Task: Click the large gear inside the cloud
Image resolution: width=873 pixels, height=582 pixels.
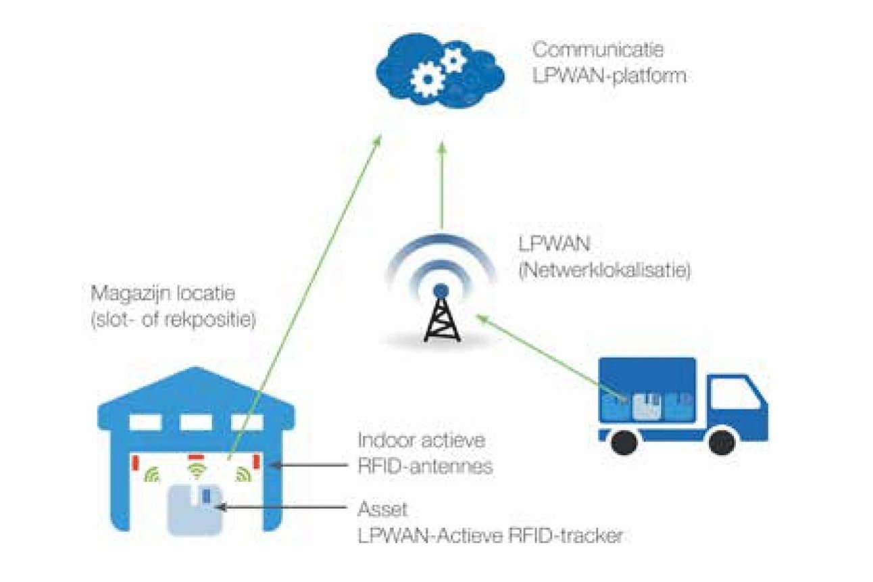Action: point(428,80)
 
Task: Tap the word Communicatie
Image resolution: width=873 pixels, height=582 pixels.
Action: point(598,50)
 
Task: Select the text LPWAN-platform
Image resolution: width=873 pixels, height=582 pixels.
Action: point(609,76)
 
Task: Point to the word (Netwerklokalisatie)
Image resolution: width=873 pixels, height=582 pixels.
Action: point(605,270)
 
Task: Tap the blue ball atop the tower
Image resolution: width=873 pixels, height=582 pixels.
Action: point(441,291)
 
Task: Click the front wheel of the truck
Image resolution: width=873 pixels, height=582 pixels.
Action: point(722,442)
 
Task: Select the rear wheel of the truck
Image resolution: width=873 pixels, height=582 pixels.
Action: point(625,442)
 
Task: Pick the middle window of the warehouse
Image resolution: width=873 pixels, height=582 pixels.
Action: point(196,422)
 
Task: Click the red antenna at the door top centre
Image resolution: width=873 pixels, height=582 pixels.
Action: point(196,456)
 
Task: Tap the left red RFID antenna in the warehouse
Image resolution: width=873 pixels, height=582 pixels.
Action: point(136,463)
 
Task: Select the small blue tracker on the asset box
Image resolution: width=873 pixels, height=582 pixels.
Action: point(206,496)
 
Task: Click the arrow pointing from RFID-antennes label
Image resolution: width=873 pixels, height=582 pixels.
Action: point(308,464)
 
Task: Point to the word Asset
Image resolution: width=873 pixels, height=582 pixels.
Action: point(382,509)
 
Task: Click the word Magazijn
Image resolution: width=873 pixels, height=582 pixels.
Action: point(128,293)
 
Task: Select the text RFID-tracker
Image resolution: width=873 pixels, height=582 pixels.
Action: point(566,536)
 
